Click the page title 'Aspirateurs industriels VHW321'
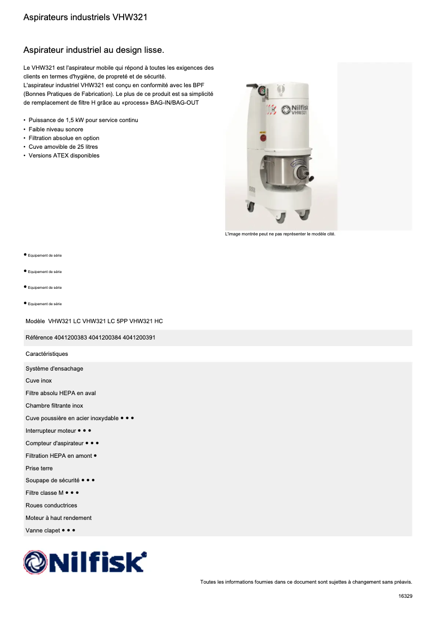point(85,17)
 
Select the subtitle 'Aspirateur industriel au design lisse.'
point(93,50)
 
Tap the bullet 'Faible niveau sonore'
point(56,129)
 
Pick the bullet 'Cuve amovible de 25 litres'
point(63,147)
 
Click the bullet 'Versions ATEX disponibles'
point(64,155)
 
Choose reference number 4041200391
point(139,338)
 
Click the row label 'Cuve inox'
point(39,381)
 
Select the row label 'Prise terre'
point(39,468)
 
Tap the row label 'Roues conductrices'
point(51,506)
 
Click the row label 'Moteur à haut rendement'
point(58,518)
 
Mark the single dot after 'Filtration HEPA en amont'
point(95,455)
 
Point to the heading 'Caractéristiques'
point(47,354)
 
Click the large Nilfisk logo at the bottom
point(85,562)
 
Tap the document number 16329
point(405,596)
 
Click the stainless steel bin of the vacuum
point(281,171)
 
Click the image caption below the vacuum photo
point(280,234)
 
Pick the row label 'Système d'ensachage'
point(54,369)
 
